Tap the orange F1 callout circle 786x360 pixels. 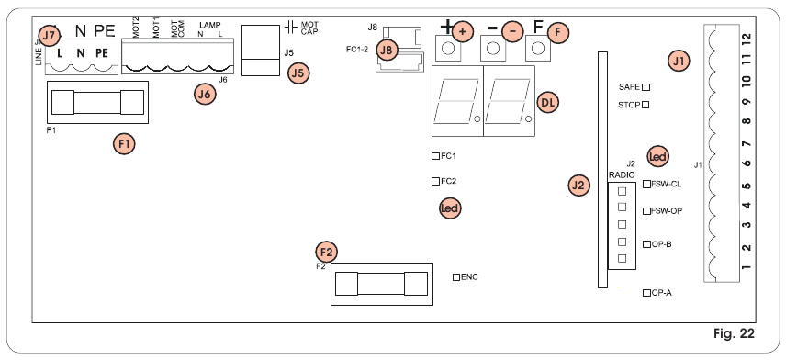click(x=124, y=143)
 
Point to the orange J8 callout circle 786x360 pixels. click(x=388, y=51)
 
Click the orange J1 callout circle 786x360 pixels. click(x=679, y=62)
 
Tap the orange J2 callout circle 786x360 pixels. click(x=578, y=185)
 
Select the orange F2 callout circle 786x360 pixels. click(x=326, y=252)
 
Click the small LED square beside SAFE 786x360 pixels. click(x=646, y=86)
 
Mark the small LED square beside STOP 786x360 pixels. click(x=646, y=105)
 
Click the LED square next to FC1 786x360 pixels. click(x=435, y=157)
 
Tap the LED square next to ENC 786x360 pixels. click(x=456, y=276)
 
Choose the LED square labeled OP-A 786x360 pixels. click(x=646, y=293)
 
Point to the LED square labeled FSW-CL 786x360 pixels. click(x=646, y=185)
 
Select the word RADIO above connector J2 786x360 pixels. click(x=622, y=174)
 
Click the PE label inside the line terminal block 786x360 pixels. click(x=101, y=53)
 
